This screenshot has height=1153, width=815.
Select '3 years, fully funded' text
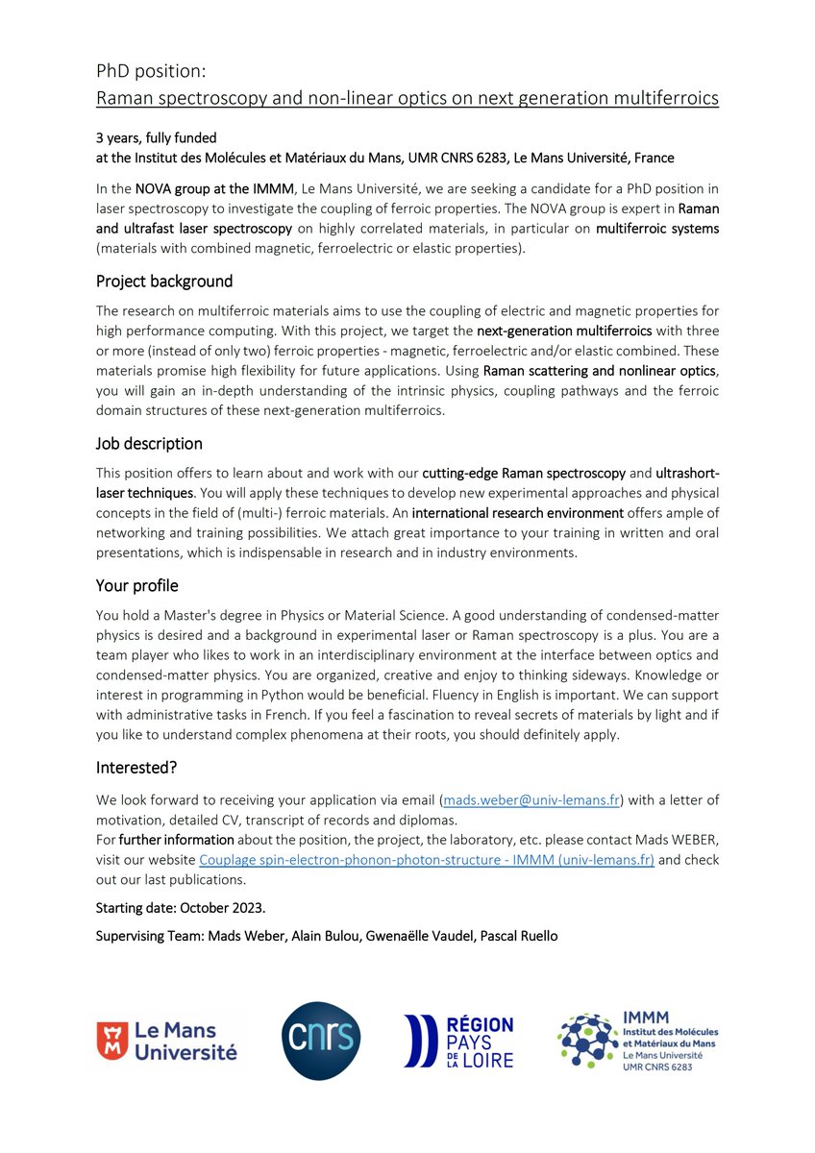[x=157, y=138]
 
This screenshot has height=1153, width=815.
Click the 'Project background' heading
[x=163, y=282]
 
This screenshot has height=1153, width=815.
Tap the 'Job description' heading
[x=149, y=444]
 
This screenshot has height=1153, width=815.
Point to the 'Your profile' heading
[x=136, y=585]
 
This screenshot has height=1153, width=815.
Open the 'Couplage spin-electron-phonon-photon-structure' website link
[x=426, y=860]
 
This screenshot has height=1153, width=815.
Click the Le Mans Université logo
[x=166, y=1042]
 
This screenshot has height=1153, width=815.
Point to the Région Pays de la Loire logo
[x=458, y=1042]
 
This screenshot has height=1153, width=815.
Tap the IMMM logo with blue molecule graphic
[x=637, y=1042]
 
